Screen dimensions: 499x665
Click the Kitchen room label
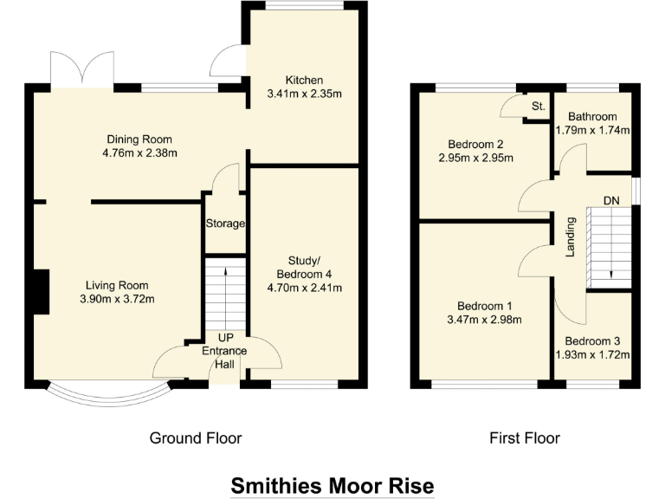click(302, 80)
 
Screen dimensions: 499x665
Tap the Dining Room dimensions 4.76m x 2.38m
click(139, 154)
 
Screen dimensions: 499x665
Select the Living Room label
click(116, 285)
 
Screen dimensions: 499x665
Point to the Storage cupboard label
click(225, 224)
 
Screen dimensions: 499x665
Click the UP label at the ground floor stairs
click(224, 338)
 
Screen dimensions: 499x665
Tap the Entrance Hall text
click(224, 357)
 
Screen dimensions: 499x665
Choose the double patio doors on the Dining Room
click(82, 69)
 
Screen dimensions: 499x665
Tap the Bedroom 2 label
click(475, 144)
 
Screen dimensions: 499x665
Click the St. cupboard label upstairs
click(537, 107)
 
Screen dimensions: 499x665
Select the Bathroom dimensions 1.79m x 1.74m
click(592, 131)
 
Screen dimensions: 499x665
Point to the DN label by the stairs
click(611, 201)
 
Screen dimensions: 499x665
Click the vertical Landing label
click(571, 237)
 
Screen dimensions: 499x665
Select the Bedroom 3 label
click(592, 341)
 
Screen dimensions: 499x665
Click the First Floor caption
click(525, 437)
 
